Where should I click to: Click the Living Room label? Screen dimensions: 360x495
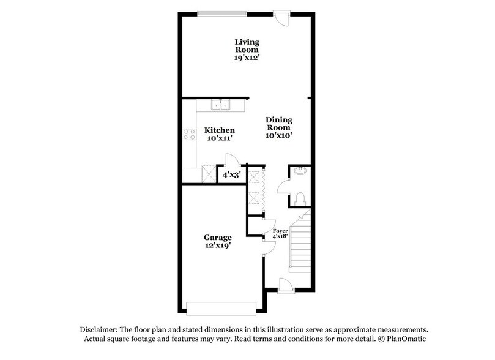pos(247,45)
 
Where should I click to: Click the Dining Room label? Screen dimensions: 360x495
pos(278,124)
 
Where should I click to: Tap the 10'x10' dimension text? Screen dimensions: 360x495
pos(278,136)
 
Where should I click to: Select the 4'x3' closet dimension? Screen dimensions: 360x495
pos(231,175)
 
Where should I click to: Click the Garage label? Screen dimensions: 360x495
pos(217,237)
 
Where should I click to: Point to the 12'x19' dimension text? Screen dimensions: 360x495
pos(217,246)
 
